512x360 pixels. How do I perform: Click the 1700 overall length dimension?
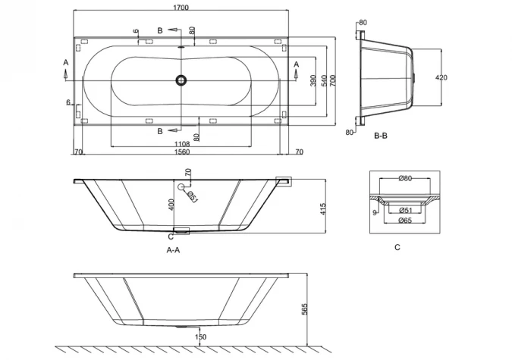tap(181, 8)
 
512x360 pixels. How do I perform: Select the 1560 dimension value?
tap(181, 152)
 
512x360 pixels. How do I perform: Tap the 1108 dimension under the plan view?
tap(181, 143)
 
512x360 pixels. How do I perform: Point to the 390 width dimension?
tap(313, 80)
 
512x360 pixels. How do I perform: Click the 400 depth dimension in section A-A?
tap(171, 205)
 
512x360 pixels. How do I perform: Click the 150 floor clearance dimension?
tap(200, 337)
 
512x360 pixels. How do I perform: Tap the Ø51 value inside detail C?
tap(404, 210)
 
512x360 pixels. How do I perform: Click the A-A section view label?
tap(173, 249)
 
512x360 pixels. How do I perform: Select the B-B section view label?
tap(381, 136)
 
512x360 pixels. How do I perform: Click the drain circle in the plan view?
tap(181, 80)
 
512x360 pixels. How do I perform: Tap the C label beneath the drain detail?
tap(397, 247)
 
